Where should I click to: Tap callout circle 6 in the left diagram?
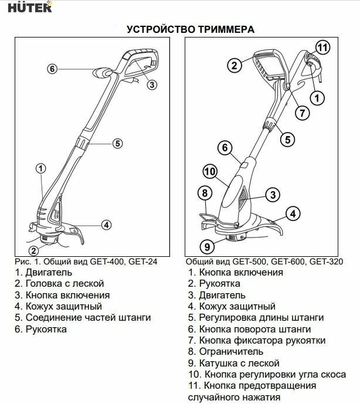point(52,69)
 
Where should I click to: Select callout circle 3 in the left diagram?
point(152,85)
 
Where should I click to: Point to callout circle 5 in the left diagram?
point(117,142)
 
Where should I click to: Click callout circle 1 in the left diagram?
point(40,168)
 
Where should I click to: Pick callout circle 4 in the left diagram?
point(106,224)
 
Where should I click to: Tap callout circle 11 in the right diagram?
point(322,47)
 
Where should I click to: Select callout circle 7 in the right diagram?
point(301,111)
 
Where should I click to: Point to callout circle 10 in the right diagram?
point(210,171)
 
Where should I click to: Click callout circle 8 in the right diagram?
point(204,192)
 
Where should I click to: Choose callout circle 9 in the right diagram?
point(206,246)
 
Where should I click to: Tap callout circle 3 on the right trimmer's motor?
point(272,195)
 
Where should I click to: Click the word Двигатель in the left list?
point(49,273)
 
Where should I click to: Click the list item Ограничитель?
point(230,352)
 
